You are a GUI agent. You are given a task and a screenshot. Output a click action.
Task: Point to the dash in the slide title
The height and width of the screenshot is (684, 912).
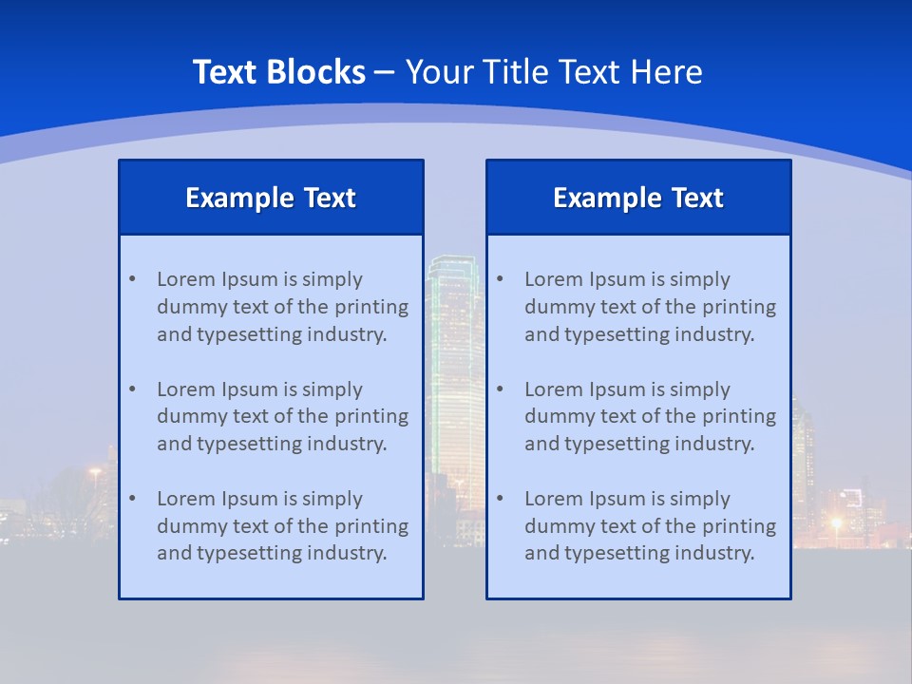click(385, 72)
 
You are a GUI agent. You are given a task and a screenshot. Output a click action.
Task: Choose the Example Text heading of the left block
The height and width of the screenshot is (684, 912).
click(271, 198)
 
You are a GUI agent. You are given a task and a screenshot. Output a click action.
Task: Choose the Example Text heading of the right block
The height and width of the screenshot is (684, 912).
click(638, 198)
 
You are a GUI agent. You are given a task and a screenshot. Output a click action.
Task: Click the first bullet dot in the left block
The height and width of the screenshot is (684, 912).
click(132, 279)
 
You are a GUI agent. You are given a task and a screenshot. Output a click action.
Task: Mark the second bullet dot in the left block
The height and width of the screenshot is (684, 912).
click(132, 389)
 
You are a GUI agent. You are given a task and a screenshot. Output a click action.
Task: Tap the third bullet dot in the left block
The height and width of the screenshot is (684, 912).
click(132, 499)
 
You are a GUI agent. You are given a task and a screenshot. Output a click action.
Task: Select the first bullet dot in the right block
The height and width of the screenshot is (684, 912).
click(500, 279)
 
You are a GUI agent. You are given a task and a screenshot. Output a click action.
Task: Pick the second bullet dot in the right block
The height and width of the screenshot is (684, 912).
click(500, 389)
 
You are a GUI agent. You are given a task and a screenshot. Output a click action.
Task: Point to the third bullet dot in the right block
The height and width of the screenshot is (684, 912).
click(500, 499)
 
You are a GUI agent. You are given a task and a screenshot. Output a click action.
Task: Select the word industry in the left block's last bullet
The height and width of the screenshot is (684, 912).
click(348, 553)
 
